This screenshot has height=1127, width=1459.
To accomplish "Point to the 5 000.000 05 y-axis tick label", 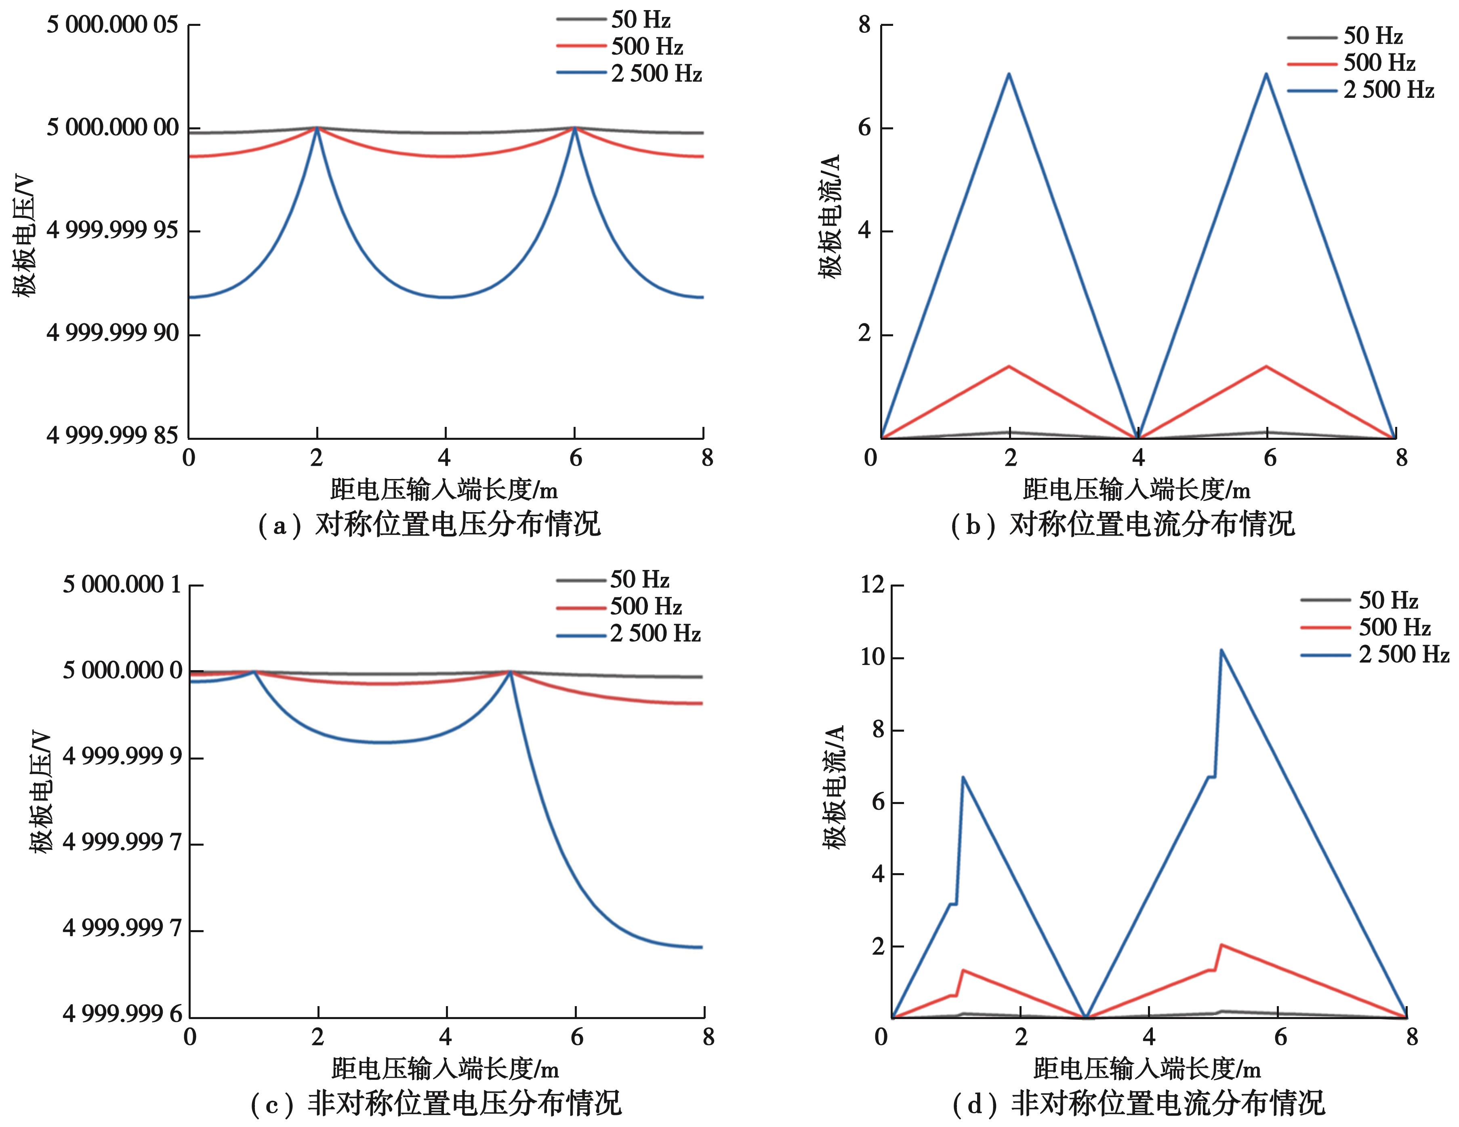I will click(x=112, y=25).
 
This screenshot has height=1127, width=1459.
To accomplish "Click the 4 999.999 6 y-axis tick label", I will click(x=122, y=1014).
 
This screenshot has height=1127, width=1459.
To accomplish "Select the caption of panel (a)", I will click(x=429, y=524).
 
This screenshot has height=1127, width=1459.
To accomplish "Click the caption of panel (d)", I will click(x=1137, y=1103).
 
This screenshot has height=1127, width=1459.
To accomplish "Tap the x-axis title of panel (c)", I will click(x=445, y=1069).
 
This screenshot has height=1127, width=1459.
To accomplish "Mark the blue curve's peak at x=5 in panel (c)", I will click(x=511, y=672).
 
